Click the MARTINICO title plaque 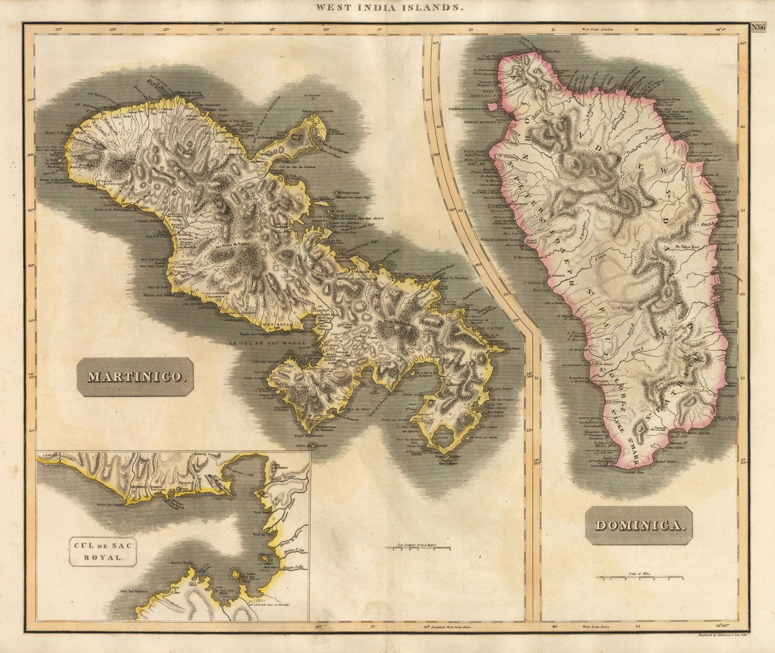136,377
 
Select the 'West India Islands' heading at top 387,7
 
